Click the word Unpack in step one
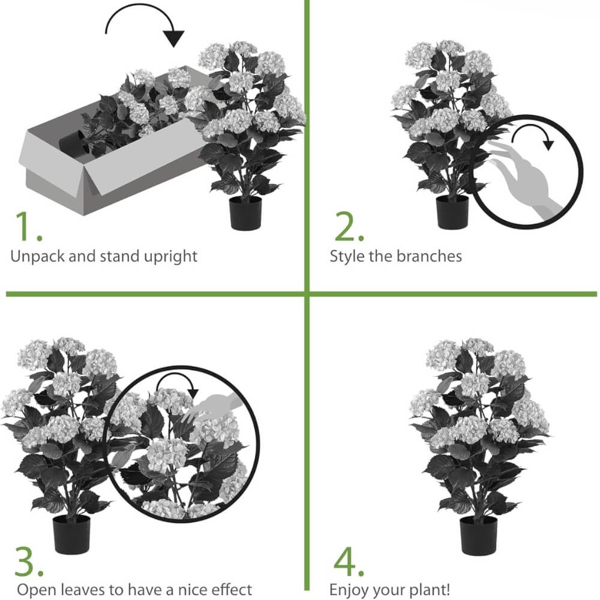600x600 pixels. [x=37, y=256]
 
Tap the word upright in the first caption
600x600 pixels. [x=170, y=256]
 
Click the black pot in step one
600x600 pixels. [x=245, y=213]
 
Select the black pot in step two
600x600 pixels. [x=452, y=212]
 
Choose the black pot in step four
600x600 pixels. [x=478, y=535]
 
